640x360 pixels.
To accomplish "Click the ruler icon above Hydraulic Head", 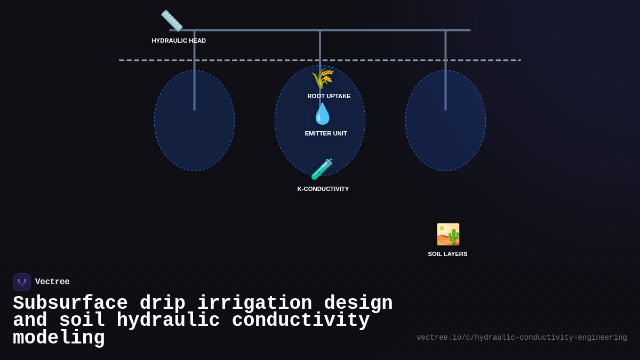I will coord(172,21).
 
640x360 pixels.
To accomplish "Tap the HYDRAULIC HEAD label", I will coord(179,41).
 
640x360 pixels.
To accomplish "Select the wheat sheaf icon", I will coord(322,79).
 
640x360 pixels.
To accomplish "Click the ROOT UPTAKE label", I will coord(329,96).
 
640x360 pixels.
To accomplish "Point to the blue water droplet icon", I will coord(322,114).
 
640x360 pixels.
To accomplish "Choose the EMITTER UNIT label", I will coord(326,133).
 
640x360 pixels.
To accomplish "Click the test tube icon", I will coord(322,169).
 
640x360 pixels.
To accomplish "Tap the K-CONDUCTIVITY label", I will coord(323,189).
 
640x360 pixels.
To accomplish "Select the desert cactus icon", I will coord(448,234).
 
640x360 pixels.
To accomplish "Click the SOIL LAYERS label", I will coord(447,254).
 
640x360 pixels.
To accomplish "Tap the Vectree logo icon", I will coord(22,282).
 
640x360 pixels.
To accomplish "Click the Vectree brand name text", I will coord(52,282).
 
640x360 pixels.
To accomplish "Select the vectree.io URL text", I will coord(522,338).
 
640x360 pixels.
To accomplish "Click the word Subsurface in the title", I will coord(70,303).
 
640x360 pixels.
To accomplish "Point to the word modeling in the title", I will coord(59,338).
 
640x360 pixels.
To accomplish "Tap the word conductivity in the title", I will coord(301,321).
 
